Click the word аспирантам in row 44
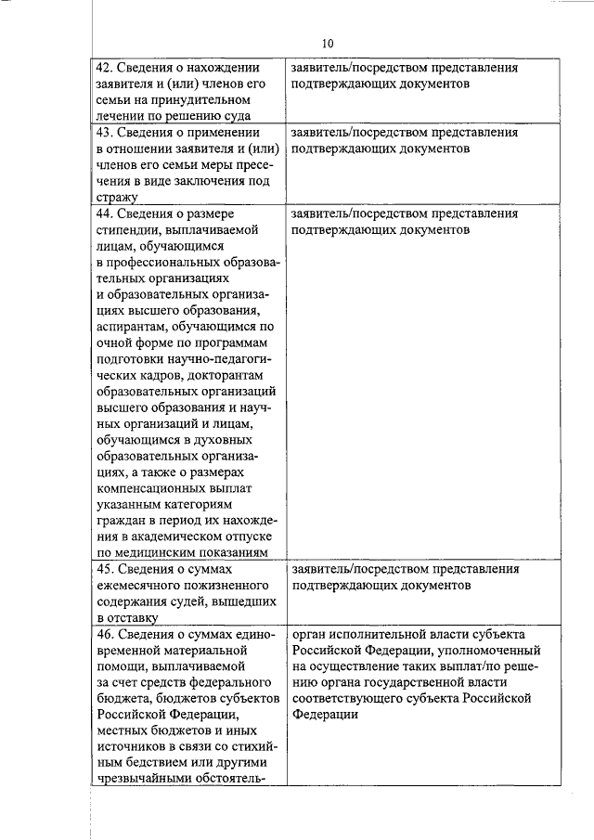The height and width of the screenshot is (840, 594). (134, 328)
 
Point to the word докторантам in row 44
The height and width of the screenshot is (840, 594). (226, 376)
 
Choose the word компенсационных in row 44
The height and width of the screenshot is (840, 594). (152, 489)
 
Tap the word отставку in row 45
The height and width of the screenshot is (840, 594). (131, 618)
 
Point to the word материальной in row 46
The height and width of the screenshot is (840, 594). (197, 651)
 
